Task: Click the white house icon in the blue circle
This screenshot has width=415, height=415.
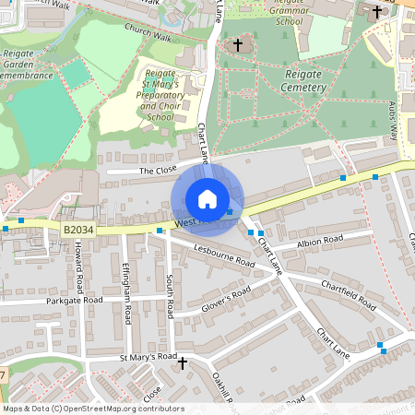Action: point(207,198)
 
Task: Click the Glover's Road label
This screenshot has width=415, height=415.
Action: point(227,299)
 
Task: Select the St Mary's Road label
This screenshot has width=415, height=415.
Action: point(148,356)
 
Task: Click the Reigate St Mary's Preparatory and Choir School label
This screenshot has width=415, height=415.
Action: point(159,95)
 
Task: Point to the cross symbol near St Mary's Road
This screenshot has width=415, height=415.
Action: point(182,364)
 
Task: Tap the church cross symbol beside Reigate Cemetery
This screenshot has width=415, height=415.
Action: point(237,44)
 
